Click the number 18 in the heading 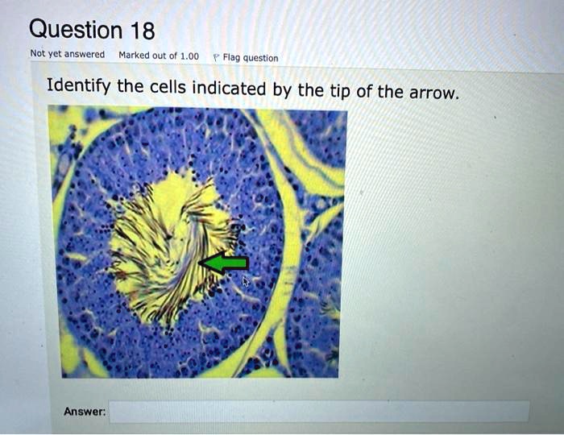(143, 30)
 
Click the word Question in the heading (76, 29)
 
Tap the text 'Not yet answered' (67, 54)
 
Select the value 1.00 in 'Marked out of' (189, 56)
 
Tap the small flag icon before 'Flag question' (216, 57)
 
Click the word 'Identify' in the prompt (79, 86)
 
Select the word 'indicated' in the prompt (229, 88)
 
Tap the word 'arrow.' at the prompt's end (434, 93)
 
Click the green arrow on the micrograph (224, 263)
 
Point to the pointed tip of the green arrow (199, 263)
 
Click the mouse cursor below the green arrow (245, 281)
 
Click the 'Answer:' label (85, 411)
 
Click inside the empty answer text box (319, 412)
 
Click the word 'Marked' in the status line (133, 55)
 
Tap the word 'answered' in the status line (85, 54)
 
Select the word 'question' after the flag (261, 58)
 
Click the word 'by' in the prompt (281, 90)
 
